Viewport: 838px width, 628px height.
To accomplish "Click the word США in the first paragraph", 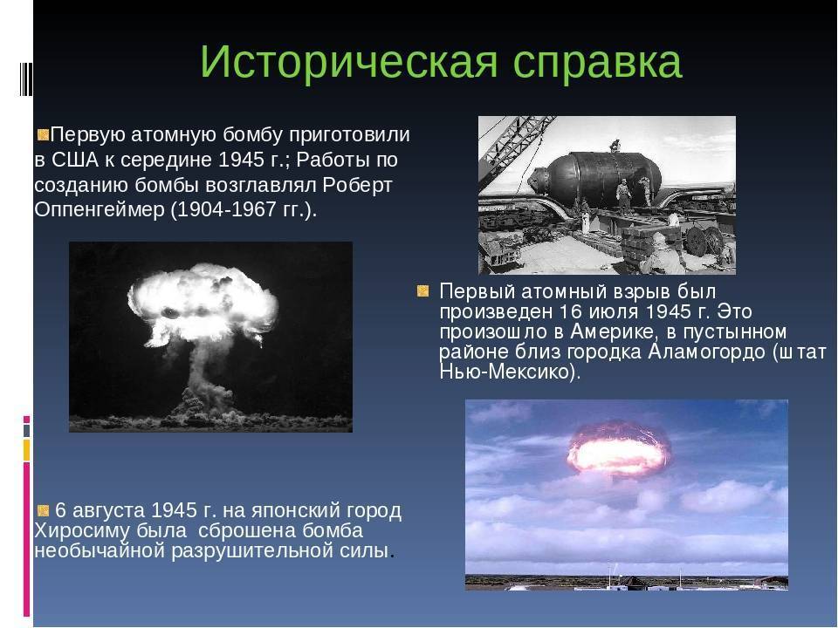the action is pyautogui.click(x=75, y=160).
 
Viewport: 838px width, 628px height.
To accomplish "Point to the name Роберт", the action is pyautogui.click(x=358, y=185).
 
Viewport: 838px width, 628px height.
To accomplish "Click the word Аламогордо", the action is pyautogui.click(x=706, y=352).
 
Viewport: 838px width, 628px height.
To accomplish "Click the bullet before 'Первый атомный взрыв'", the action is pyautogui.click(x=422, y=291).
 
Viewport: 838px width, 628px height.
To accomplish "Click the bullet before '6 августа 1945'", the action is pyautogui.click(x=44, y=510).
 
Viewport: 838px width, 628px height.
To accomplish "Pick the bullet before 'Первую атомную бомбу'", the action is pyautogui.click(x=44, y=134).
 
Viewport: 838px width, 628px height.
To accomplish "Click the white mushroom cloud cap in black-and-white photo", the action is pyautogui.click(x=203, y=304).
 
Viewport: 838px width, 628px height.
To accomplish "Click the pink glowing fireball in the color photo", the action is pyautogui.click(x=618, y=449).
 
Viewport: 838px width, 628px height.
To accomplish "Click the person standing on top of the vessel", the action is pyautogui.click(x=616, y=146).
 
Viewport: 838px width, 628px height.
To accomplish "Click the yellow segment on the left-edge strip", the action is pyautogui.click(x=26, y=450).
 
